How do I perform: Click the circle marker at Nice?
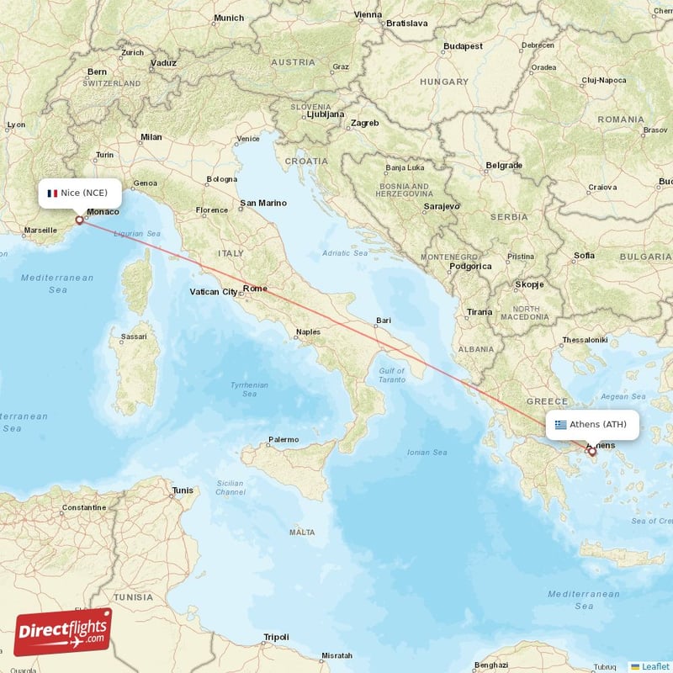80,220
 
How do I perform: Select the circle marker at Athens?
592,452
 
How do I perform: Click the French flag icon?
53,193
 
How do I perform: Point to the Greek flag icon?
561,424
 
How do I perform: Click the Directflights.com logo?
63,632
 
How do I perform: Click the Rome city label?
255,289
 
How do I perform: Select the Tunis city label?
183,490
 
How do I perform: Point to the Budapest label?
463,45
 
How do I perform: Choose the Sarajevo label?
442,206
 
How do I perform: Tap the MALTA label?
302,533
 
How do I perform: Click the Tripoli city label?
276,637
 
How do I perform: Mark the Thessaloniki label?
585,340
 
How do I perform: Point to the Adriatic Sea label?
345,252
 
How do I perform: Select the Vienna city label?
368,14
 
